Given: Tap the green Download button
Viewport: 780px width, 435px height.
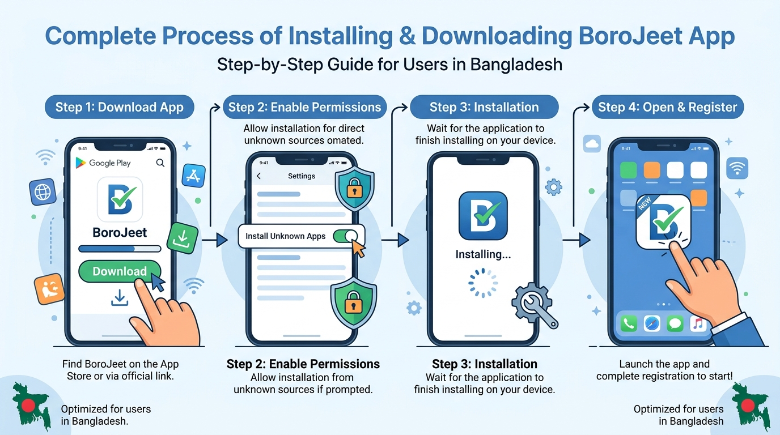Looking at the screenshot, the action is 120,271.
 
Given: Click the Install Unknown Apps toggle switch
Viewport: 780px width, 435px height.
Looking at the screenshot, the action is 345,236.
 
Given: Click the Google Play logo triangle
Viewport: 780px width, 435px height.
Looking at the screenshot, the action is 80,163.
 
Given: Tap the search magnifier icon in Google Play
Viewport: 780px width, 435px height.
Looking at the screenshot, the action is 160,163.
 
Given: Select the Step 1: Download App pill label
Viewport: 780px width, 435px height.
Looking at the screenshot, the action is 120,107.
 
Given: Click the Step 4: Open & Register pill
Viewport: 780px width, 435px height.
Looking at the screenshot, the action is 668,107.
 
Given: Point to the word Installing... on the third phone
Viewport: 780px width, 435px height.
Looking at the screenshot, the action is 483,254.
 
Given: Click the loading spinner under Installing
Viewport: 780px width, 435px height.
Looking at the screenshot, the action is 482,283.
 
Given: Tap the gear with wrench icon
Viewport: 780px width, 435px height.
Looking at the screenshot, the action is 535,305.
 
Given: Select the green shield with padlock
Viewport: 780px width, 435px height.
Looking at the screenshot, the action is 354,303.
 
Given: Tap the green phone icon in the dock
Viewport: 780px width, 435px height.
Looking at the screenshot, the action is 629,323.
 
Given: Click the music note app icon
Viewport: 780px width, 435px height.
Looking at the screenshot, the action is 698,323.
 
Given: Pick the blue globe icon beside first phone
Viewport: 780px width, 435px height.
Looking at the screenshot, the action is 43,192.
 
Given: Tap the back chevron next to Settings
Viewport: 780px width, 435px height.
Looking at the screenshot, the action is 258,176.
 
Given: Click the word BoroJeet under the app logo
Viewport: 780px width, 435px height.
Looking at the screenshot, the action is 120,232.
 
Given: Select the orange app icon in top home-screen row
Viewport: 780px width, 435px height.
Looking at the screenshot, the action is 651,170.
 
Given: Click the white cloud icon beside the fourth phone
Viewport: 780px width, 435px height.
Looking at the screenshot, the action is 592,143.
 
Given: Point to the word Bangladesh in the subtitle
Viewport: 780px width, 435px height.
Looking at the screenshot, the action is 516,65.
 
